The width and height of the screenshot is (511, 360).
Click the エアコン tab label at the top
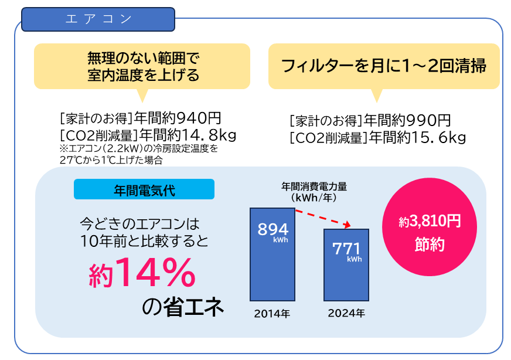tap(98, 19)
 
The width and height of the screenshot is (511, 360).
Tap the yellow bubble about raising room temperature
tap(142, 66)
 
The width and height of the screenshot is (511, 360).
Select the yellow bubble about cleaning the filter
tap(384, 66)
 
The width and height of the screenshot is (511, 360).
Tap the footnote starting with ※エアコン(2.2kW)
tap(139, 154)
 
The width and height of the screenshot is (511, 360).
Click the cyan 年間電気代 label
tap(144, 189)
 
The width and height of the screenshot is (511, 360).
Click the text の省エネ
tap(183, 307)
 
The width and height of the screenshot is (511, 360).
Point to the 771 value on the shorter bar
tap(346, 249)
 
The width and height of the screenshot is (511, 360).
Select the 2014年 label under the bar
tap(272, 314)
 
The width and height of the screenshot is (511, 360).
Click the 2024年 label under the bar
tap(346, 314)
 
